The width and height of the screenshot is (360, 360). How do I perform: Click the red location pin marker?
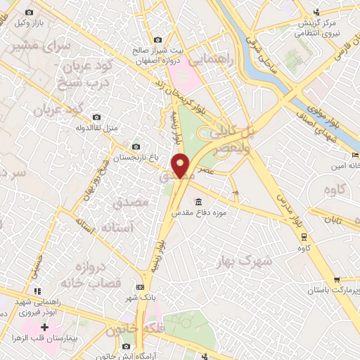coord(181,165)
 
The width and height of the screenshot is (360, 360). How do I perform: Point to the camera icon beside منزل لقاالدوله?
coord(96,117)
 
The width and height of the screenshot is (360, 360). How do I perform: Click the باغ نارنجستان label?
coord(131,157)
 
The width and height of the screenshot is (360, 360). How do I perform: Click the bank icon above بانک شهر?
coord(139,288)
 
